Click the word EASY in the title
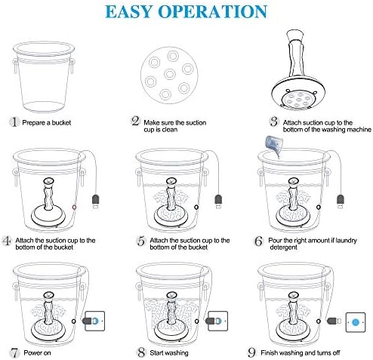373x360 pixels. coord(129,11)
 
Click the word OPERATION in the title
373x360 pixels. coord(213,11)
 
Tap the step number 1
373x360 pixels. coord(14,122)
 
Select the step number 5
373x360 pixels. coord(141,241)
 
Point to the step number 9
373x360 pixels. coord(251,352)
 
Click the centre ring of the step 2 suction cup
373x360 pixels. coord(169,74)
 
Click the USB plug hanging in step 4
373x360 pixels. coord(95,202)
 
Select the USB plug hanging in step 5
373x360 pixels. coord(218,202)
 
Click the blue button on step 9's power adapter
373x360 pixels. coord(355,322)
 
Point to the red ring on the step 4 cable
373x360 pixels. coord(74,208)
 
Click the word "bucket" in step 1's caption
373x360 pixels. coord(61,123)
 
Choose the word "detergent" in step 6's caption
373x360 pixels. coord(284,248)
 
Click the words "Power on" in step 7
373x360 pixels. coord(37,353)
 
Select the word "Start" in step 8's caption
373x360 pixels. coord(157,353)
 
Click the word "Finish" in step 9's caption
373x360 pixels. coord(270,353)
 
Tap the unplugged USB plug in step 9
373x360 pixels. coord(334,321)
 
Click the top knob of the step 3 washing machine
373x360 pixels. coord(295,35)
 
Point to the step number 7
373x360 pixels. coord(15,352)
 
